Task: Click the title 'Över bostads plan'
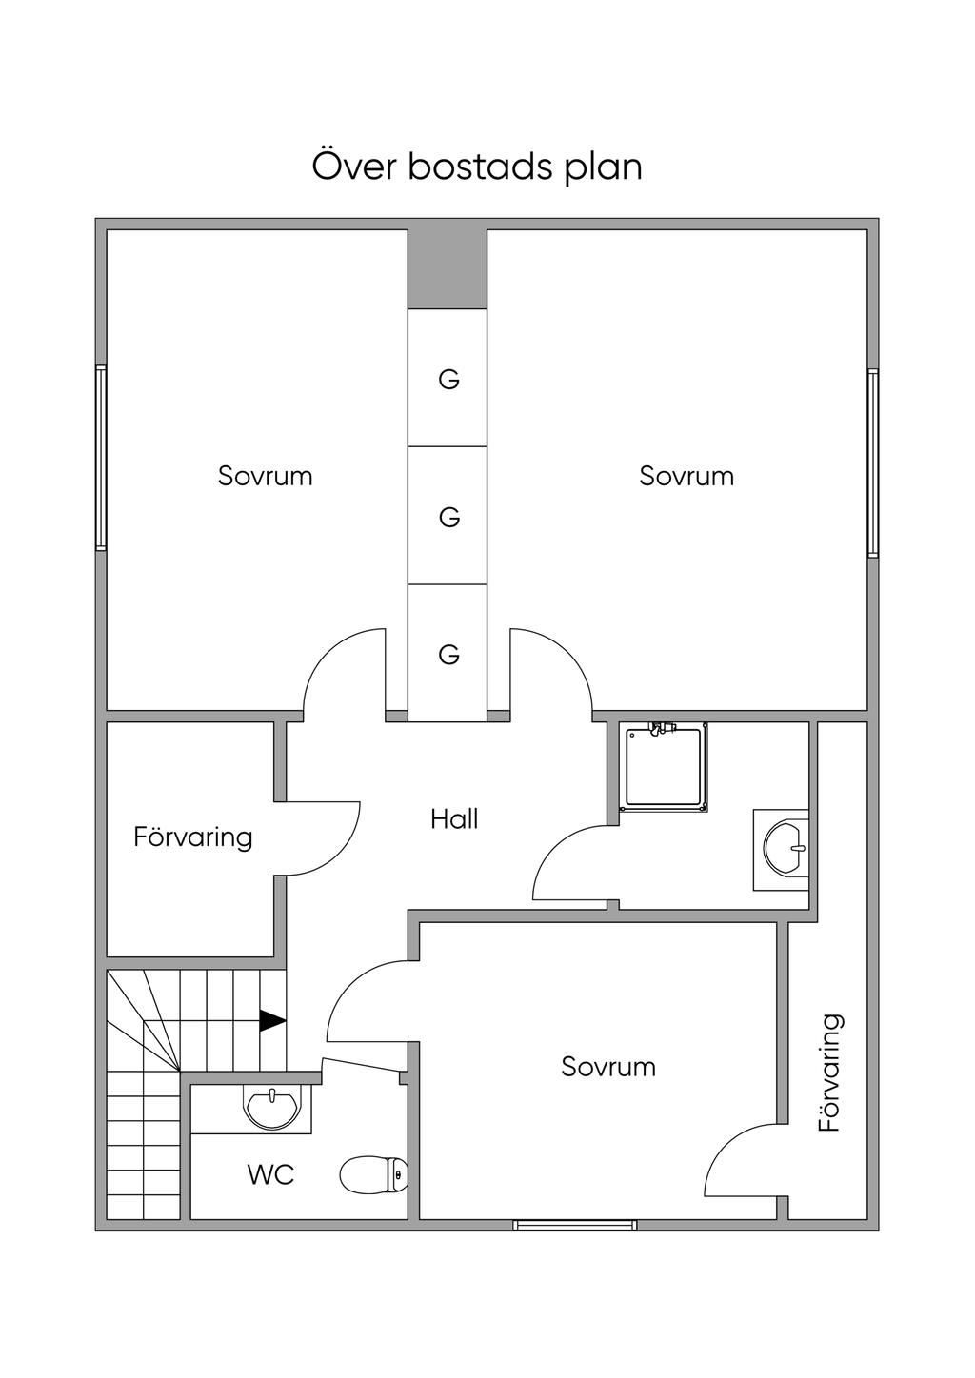pos(477,167)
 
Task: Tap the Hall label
pos(454,818)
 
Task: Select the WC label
pos(270,1174)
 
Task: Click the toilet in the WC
pos(373,1175)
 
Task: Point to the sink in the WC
pos(272,1108)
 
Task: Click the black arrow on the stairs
pos(272,1020)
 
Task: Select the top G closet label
pos(448,380)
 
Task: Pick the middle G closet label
pos(448,517)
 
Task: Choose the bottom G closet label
pos(448,654)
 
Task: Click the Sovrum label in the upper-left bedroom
pos(265,475)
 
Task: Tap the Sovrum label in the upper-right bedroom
pos(686,475)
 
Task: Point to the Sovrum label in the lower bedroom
pos(608,1066)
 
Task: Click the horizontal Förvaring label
pos(193,837)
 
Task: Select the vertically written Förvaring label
pos(830,1073)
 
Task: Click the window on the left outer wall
pos(100,458)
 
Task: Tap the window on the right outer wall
pos(872,463)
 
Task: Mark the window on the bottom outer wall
pos(575,1225)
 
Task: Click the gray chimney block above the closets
pos(448,268)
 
